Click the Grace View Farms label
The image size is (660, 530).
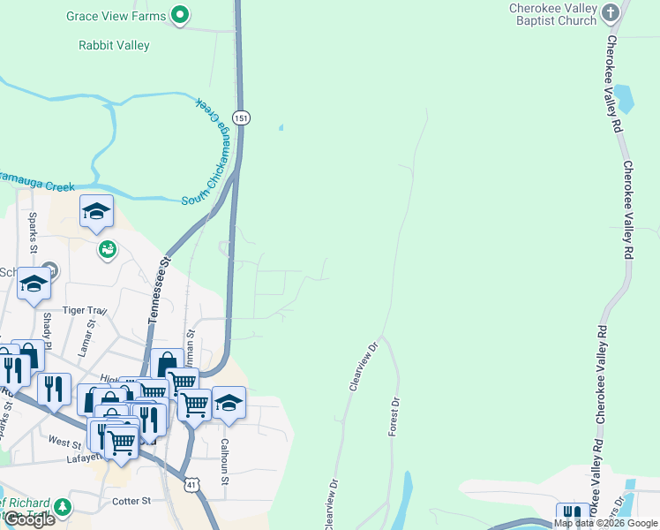116,16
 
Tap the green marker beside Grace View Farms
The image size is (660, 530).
181,14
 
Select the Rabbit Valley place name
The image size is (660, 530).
115,45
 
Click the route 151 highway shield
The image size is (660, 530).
240,117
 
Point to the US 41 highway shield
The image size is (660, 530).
191,484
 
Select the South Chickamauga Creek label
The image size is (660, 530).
212,155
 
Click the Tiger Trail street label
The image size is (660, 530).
86,311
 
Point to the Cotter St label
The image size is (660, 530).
132,501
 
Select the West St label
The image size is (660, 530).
64,441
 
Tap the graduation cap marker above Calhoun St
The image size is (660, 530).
229,402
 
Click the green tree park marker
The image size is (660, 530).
62,507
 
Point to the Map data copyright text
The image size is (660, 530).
605,523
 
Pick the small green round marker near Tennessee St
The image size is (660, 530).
107,250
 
